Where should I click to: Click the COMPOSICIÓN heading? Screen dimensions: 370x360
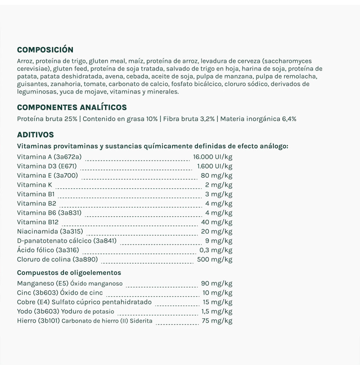point(45,50)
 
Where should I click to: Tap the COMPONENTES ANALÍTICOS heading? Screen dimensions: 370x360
point(72,107)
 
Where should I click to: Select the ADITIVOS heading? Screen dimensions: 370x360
point(35,134)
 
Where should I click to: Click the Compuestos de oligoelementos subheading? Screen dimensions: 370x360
point(69,272)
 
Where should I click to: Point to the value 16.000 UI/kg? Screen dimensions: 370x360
point(213,157)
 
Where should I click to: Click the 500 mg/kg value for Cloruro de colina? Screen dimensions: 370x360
point(215,259)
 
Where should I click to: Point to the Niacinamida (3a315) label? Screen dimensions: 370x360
point(50,232)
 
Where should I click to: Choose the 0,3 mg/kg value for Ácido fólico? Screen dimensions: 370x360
point(216,250)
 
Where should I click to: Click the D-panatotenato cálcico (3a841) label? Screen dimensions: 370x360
point(67,241)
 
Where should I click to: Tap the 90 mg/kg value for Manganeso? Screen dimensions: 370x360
point(216,284)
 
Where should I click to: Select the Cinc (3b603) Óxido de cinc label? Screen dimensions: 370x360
point(60,293)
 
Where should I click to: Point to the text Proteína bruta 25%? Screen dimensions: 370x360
point(47,119)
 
